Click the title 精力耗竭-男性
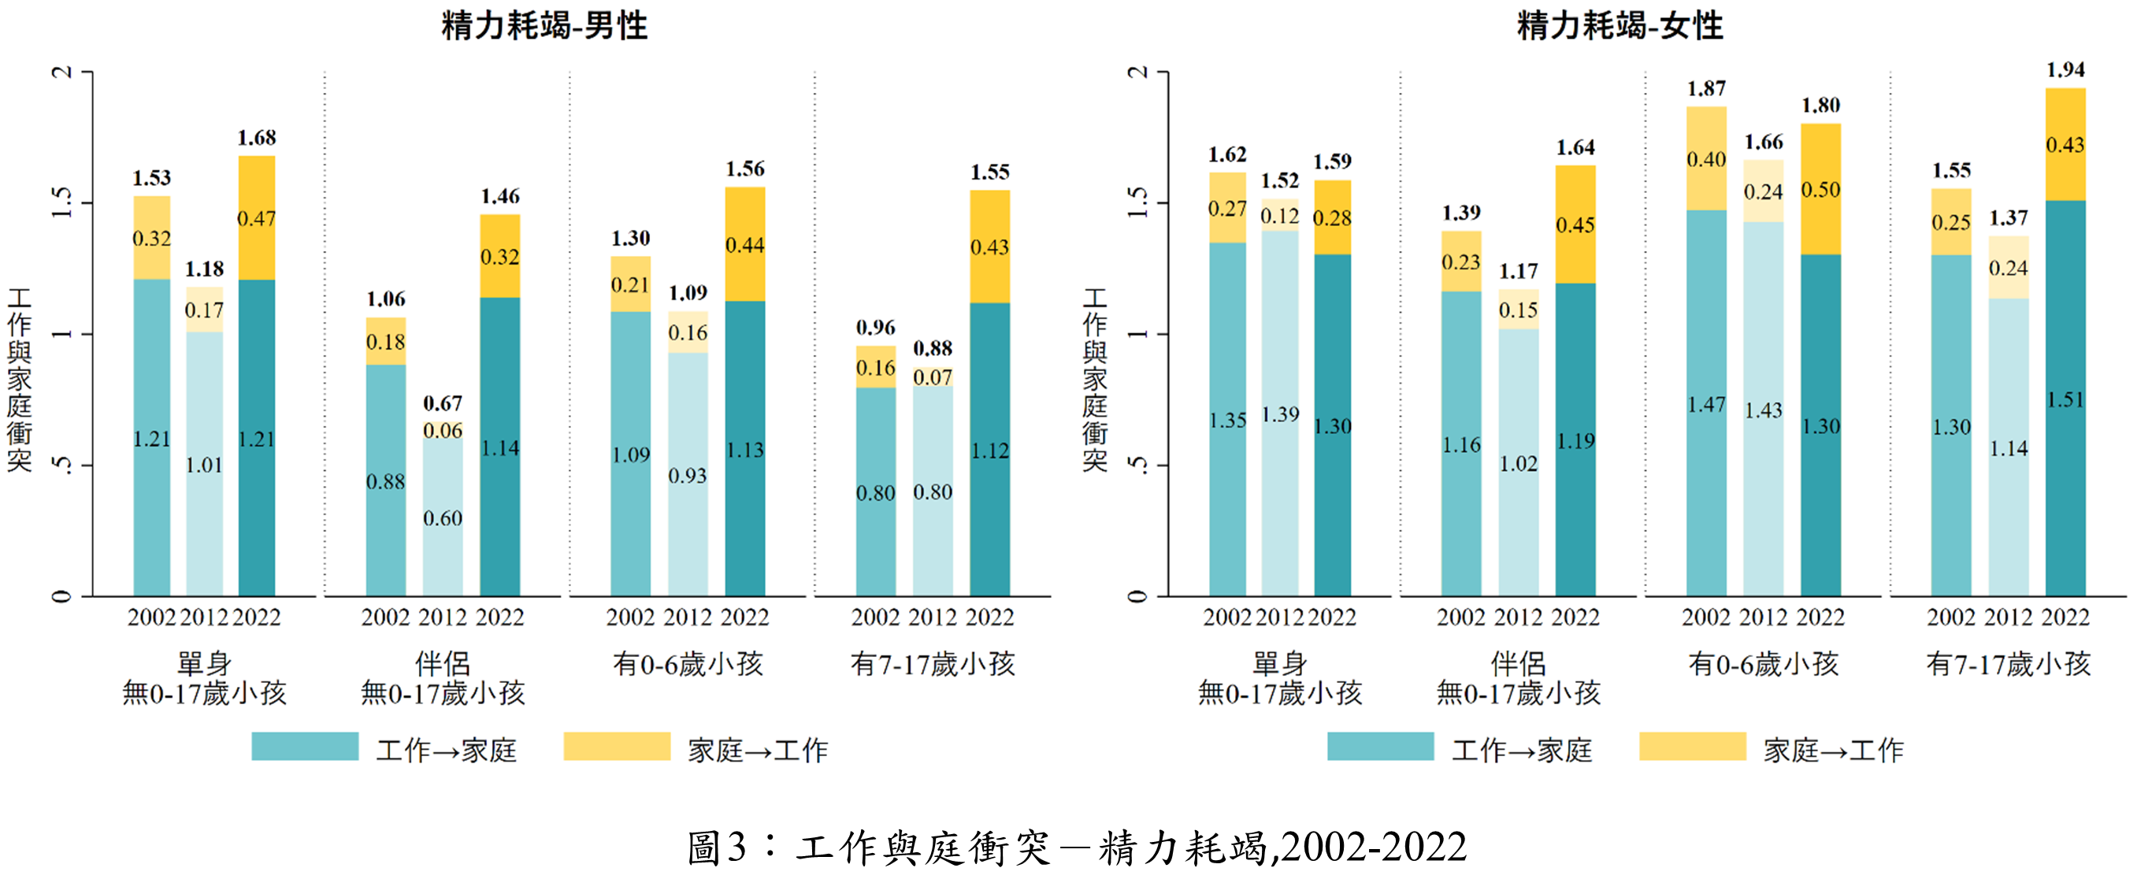[544, 26]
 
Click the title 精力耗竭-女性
[1619, 26]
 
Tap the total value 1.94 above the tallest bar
[2065, 70]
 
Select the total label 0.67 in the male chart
[442, 403]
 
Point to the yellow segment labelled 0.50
[1820, 190]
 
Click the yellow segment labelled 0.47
[257, 218]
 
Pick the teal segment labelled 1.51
[2065, 399]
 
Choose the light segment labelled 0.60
[442, 518]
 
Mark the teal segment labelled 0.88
[385, 481]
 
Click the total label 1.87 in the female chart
[1706, 88]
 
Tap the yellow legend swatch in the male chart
[617, 746]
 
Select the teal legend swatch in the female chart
[1380, 746]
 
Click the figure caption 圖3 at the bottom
[1076, 847]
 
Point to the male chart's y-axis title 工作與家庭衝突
[19, 380]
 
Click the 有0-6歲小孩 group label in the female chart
[1763, 664]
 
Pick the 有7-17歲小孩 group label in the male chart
[933, 664]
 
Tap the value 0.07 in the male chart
[933, 376]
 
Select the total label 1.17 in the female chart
[1518, 272]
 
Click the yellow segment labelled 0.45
[1575, 224]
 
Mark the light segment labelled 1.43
[1763, 410]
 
